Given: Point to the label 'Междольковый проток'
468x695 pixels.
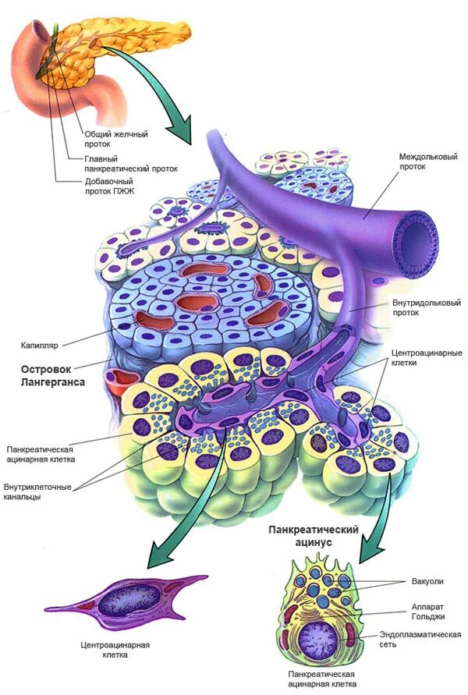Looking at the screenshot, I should pos(421,161).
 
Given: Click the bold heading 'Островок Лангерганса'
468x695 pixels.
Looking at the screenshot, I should pos(51,376).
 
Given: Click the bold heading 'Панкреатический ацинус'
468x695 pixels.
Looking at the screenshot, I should pos(313,535).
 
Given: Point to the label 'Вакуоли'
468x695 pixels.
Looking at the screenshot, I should pos(427,582).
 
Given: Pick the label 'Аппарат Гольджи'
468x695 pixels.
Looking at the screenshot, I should pos(428,611).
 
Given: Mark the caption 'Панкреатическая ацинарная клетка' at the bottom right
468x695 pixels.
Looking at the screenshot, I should pos(321,678).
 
